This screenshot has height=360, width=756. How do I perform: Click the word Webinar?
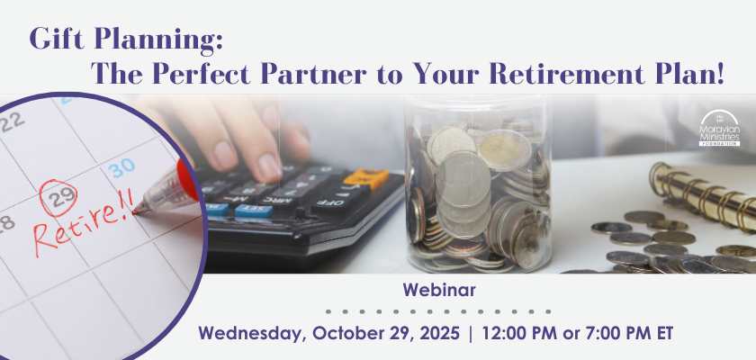tap(439, 290)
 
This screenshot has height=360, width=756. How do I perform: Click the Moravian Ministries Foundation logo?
tap(719, 128)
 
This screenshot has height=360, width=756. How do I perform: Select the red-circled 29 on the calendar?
tap(58, 197)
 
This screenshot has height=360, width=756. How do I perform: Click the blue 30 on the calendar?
tap(121, 167)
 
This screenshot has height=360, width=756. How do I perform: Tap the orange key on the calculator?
tap(365, 178)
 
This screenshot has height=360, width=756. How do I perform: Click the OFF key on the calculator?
tap(333, 202)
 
